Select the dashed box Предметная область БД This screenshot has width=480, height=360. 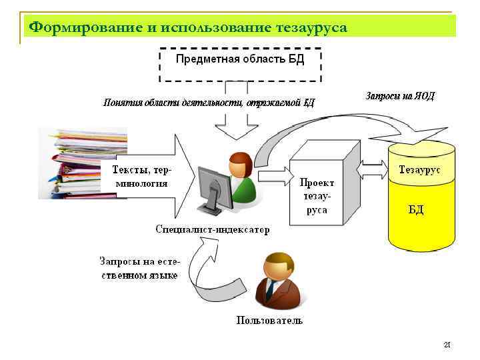coord(240,63)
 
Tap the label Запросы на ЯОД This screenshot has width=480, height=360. coord(400,97)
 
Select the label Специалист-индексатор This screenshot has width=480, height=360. coord(213,230)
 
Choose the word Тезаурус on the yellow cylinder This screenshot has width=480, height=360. coord(419,170)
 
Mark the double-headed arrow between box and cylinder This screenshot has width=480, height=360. coord(373,171)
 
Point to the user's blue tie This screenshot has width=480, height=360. coord(270,291)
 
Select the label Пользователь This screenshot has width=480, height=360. coord(269,320)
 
